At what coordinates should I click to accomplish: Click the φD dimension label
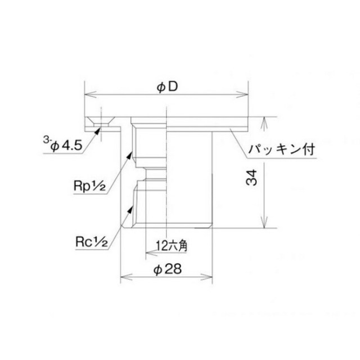pos(168,87)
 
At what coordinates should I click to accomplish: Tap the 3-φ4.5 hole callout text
pos(62,144)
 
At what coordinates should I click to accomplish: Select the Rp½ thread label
pos(90,186)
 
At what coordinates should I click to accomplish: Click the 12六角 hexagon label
pos(172,246)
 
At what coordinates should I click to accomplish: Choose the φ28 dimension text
pos(168,269)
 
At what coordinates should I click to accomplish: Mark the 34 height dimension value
pos(251,178)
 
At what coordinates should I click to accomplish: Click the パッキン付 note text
pos(282,150)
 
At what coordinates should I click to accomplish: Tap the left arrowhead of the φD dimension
pos(91,94)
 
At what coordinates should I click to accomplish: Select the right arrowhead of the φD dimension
pos(242,94)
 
